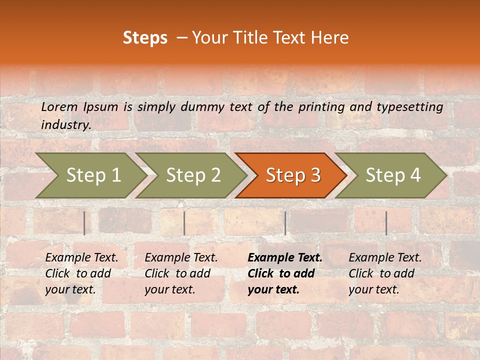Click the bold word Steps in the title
(145, 38)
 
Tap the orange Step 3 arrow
(292, 175)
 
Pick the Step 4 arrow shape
(393, 175)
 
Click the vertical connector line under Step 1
(84, 223)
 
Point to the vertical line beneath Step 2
(184, 223)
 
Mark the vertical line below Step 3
(285, 223)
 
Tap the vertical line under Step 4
(386, 223)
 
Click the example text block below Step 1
(81, 273)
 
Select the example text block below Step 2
(181, 273)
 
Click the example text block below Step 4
(385, 273)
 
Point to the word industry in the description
(65, 125)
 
